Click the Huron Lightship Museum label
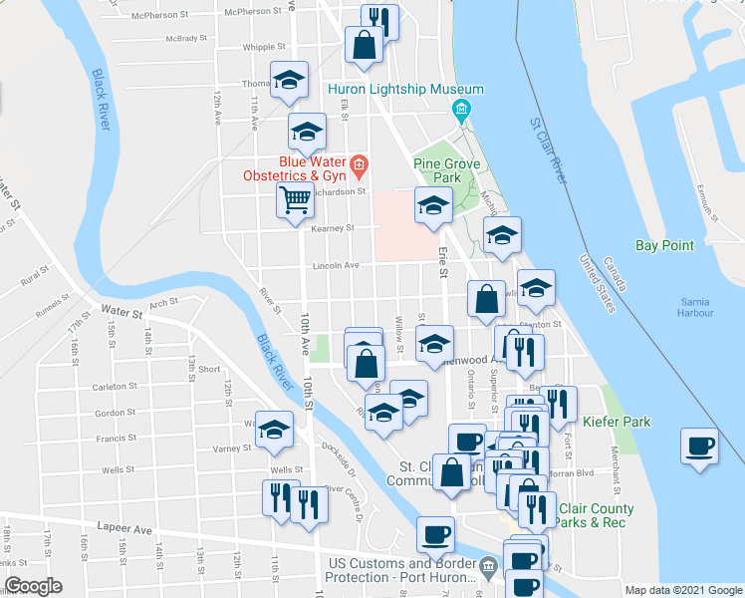pyautogui.click(x=406, y=89)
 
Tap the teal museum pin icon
pyautogui.click(x=462, y=110)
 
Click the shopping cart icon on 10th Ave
pyautogui.click(x=296, y=201)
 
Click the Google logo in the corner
pyautogui.click(x=33, y=586)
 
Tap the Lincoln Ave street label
pyautogui.click(x=336, y=266)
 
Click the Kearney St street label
pyautogui.click(x=333, y=228)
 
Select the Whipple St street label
pyautogui.click(x=265, y=47)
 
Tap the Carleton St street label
pyautogui.click(x=115, y=386)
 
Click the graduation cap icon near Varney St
pyautogui.click(x=274, y=430)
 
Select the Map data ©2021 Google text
pyautogui.click(x=682, y=590)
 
